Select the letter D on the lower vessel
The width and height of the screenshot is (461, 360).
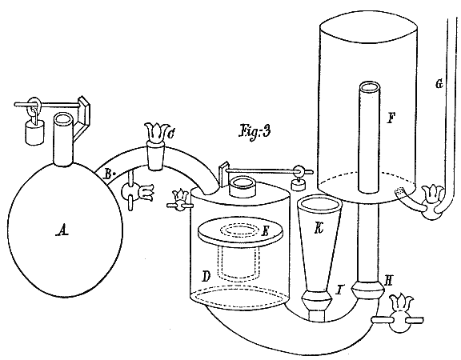pos(206,276)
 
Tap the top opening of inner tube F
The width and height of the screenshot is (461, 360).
pos(370,86)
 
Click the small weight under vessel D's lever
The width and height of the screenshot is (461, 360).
pos(298,184)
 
